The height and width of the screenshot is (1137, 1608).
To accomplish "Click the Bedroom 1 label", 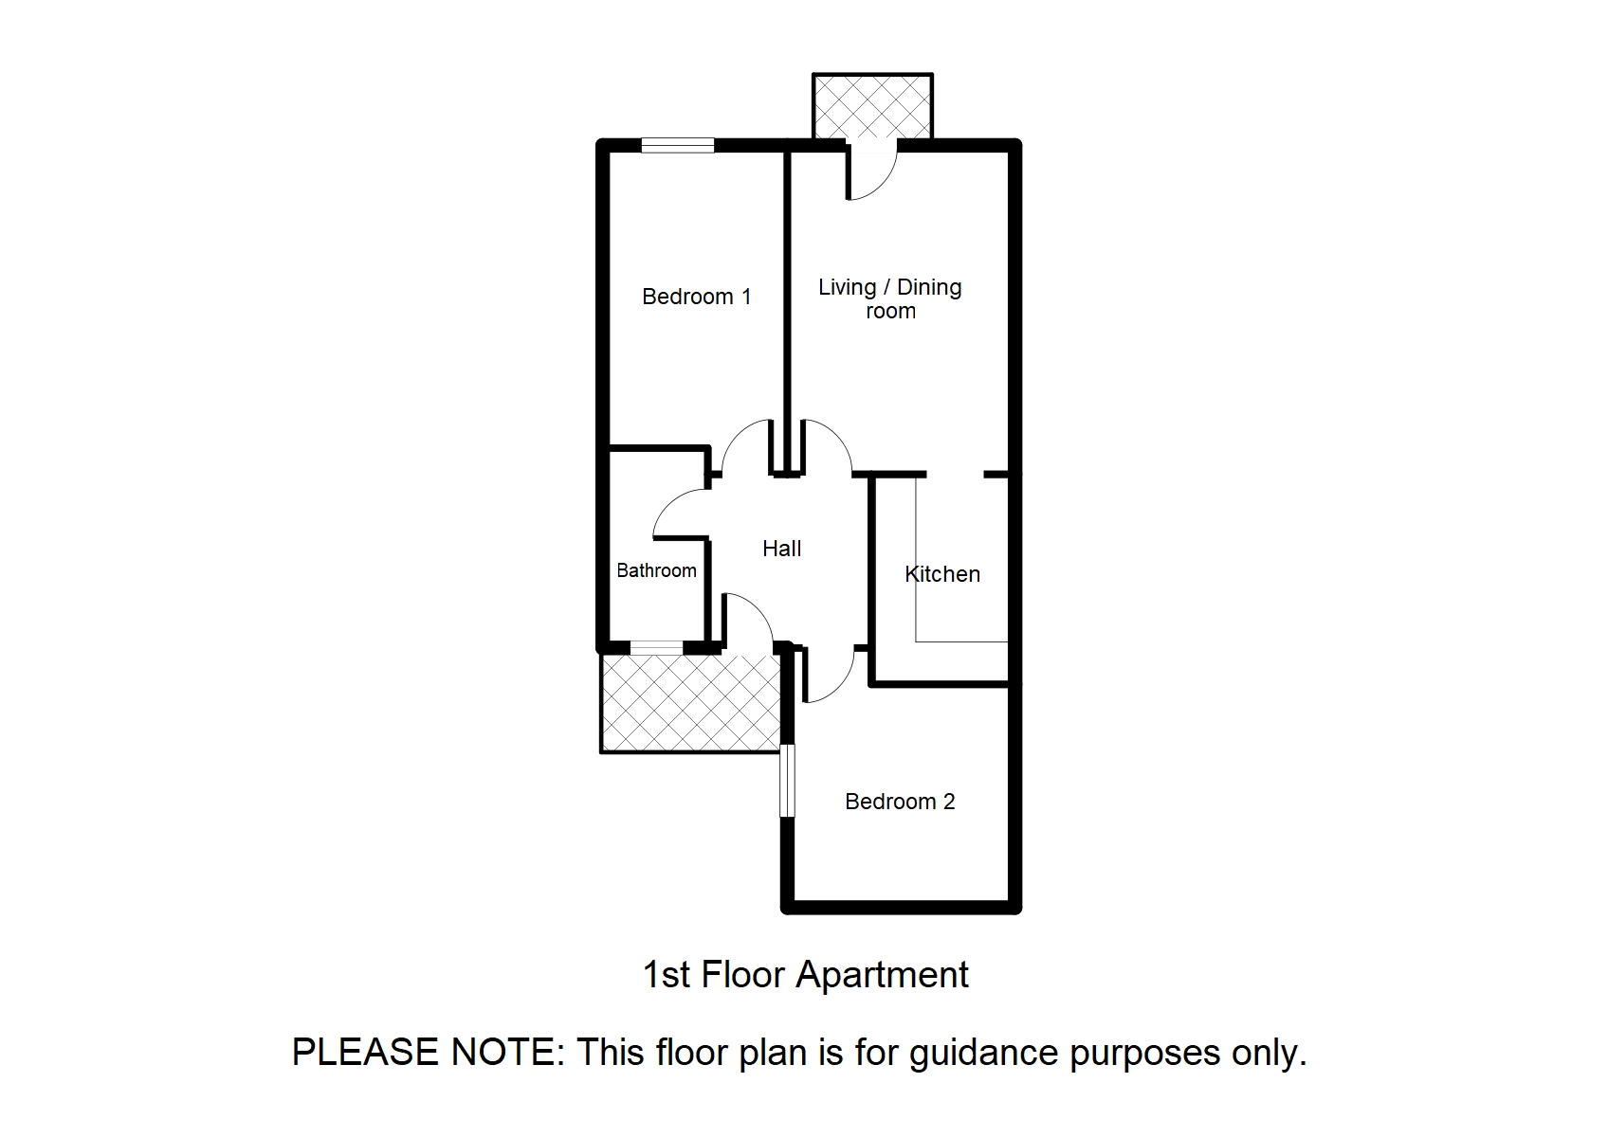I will point(696,297).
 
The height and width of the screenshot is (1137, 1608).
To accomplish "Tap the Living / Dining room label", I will point(889,298).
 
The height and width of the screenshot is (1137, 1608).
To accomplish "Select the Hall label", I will point(781,549).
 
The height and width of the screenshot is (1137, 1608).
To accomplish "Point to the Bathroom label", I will point(656,570).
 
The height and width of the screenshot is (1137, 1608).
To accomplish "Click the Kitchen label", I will point(941,574).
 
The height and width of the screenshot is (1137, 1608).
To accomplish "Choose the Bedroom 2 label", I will point(899,802).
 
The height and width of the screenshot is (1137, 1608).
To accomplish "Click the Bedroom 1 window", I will point(677,145).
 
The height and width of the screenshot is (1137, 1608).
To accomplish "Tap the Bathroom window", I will point(656,648).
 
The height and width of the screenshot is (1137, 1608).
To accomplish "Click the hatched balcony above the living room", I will point(872,107).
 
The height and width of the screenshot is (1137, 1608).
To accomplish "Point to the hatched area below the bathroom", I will point(689,702).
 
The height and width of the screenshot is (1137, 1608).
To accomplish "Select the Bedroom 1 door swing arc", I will point(745,445).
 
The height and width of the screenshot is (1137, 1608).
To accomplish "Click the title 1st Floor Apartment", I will point(805,975).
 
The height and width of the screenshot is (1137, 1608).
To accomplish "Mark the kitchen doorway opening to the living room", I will point(955,474).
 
